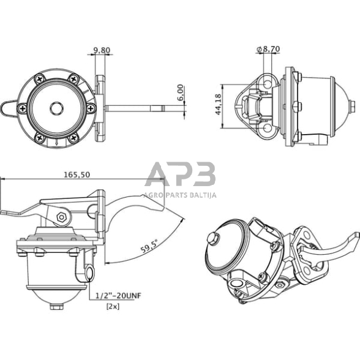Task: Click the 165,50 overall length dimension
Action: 77,174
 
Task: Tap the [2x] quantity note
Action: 113,305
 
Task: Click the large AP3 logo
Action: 180,176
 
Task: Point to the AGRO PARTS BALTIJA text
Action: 180,196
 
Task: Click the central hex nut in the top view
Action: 56,108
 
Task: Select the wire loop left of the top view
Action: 10,108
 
